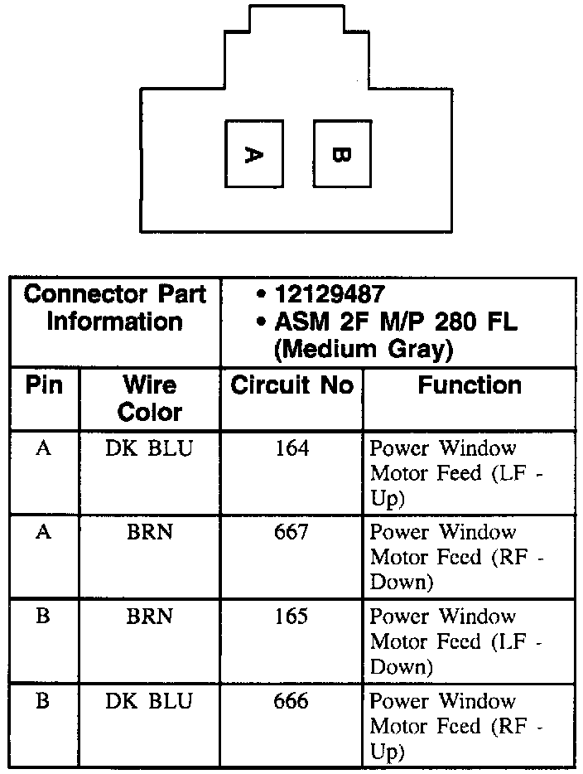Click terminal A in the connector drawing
pos(254,154)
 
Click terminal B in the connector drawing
pos(342,154)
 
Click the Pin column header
pos(44,385)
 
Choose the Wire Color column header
pos(149,398)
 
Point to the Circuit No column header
pos(291,385)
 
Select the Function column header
pos(470,385)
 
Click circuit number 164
pos(291,448)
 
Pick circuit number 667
pos(291,532)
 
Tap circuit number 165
pos(291,617)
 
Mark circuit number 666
pos(291,701)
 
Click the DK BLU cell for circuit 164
pos(149,448)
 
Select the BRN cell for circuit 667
pos(149,532)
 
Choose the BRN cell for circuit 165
pos(149,617)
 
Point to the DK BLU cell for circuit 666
pos(149,701)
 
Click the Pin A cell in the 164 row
pos(44,448)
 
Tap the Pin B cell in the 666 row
pos(44,701)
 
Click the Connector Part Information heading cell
pos(114,307)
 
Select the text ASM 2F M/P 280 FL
pos(395,322)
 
